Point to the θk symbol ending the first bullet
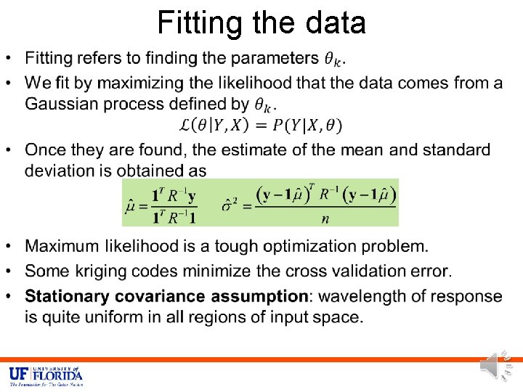coord(333,59)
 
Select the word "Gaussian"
coord(65,103)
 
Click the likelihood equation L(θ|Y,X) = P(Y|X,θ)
coord(261,125)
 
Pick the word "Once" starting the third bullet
coord(46,150)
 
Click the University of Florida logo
coord(46,375)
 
